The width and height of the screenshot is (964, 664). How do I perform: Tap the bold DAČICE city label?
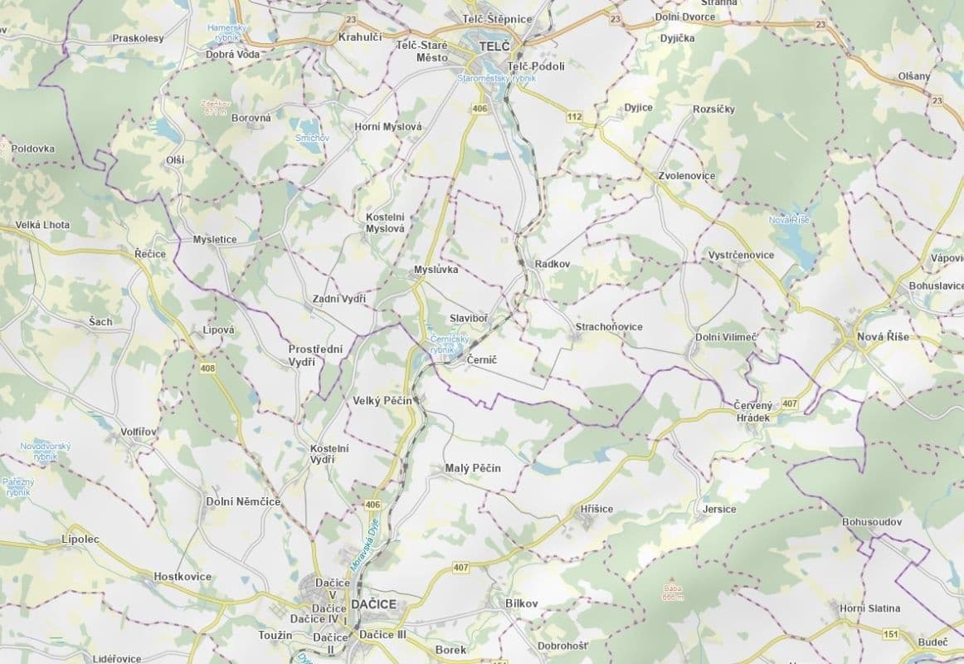coord(373,603)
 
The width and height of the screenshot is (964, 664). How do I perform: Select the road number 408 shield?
coord(207,367)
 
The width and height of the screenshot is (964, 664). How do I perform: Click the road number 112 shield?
coord(574,116)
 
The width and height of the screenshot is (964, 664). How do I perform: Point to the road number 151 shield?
coord(891,634)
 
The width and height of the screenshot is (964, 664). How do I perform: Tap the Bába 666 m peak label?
coord(672,592)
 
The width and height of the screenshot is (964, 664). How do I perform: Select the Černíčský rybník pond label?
coord(449,344)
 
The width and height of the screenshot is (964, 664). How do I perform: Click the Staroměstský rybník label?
coord(497,77)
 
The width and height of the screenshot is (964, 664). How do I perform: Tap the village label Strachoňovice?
coord(609,327)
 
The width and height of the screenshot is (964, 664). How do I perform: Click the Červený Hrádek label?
coord(752,411)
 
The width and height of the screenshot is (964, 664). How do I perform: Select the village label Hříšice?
coord(596,508)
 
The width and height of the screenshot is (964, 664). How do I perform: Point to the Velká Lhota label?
coord(42,225)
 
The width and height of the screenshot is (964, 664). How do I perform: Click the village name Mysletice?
coord(215,239)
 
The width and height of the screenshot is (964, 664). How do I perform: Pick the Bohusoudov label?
coord(871,522)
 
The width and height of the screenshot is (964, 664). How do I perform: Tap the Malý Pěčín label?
coord(467,468)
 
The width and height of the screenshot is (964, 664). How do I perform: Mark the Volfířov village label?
coord(139,432)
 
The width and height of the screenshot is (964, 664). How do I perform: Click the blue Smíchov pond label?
coord(312,137)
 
